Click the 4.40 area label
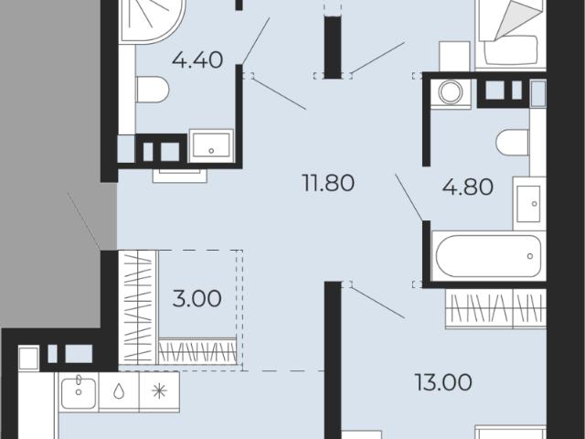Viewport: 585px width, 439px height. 197,60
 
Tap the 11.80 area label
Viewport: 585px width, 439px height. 328,184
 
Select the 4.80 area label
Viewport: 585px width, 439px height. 468,187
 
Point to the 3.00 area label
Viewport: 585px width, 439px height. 197,299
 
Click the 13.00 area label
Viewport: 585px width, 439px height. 443,382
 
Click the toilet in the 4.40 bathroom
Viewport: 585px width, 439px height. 153,90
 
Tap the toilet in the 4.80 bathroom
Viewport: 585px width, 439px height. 513,143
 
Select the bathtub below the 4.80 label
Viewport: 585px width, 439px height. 489,256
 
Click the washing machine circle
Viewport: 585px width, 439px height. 451,91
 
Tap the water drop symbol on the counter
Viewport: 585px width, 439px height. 119,391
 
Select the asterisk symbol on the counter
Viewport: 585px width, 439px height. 159,391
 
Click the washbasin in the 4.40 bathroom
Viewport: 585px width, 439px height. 211,145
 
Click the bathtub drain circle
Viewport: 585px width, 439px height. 530,256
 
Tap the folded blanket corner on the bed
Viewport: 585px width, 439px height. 517,19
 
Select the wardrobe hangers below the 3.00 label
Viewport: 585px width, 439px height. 197,351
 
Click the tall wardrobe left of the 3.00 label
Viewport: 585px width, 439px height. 137,307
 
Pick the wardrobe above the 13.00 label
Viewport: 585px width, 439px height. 495,309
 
